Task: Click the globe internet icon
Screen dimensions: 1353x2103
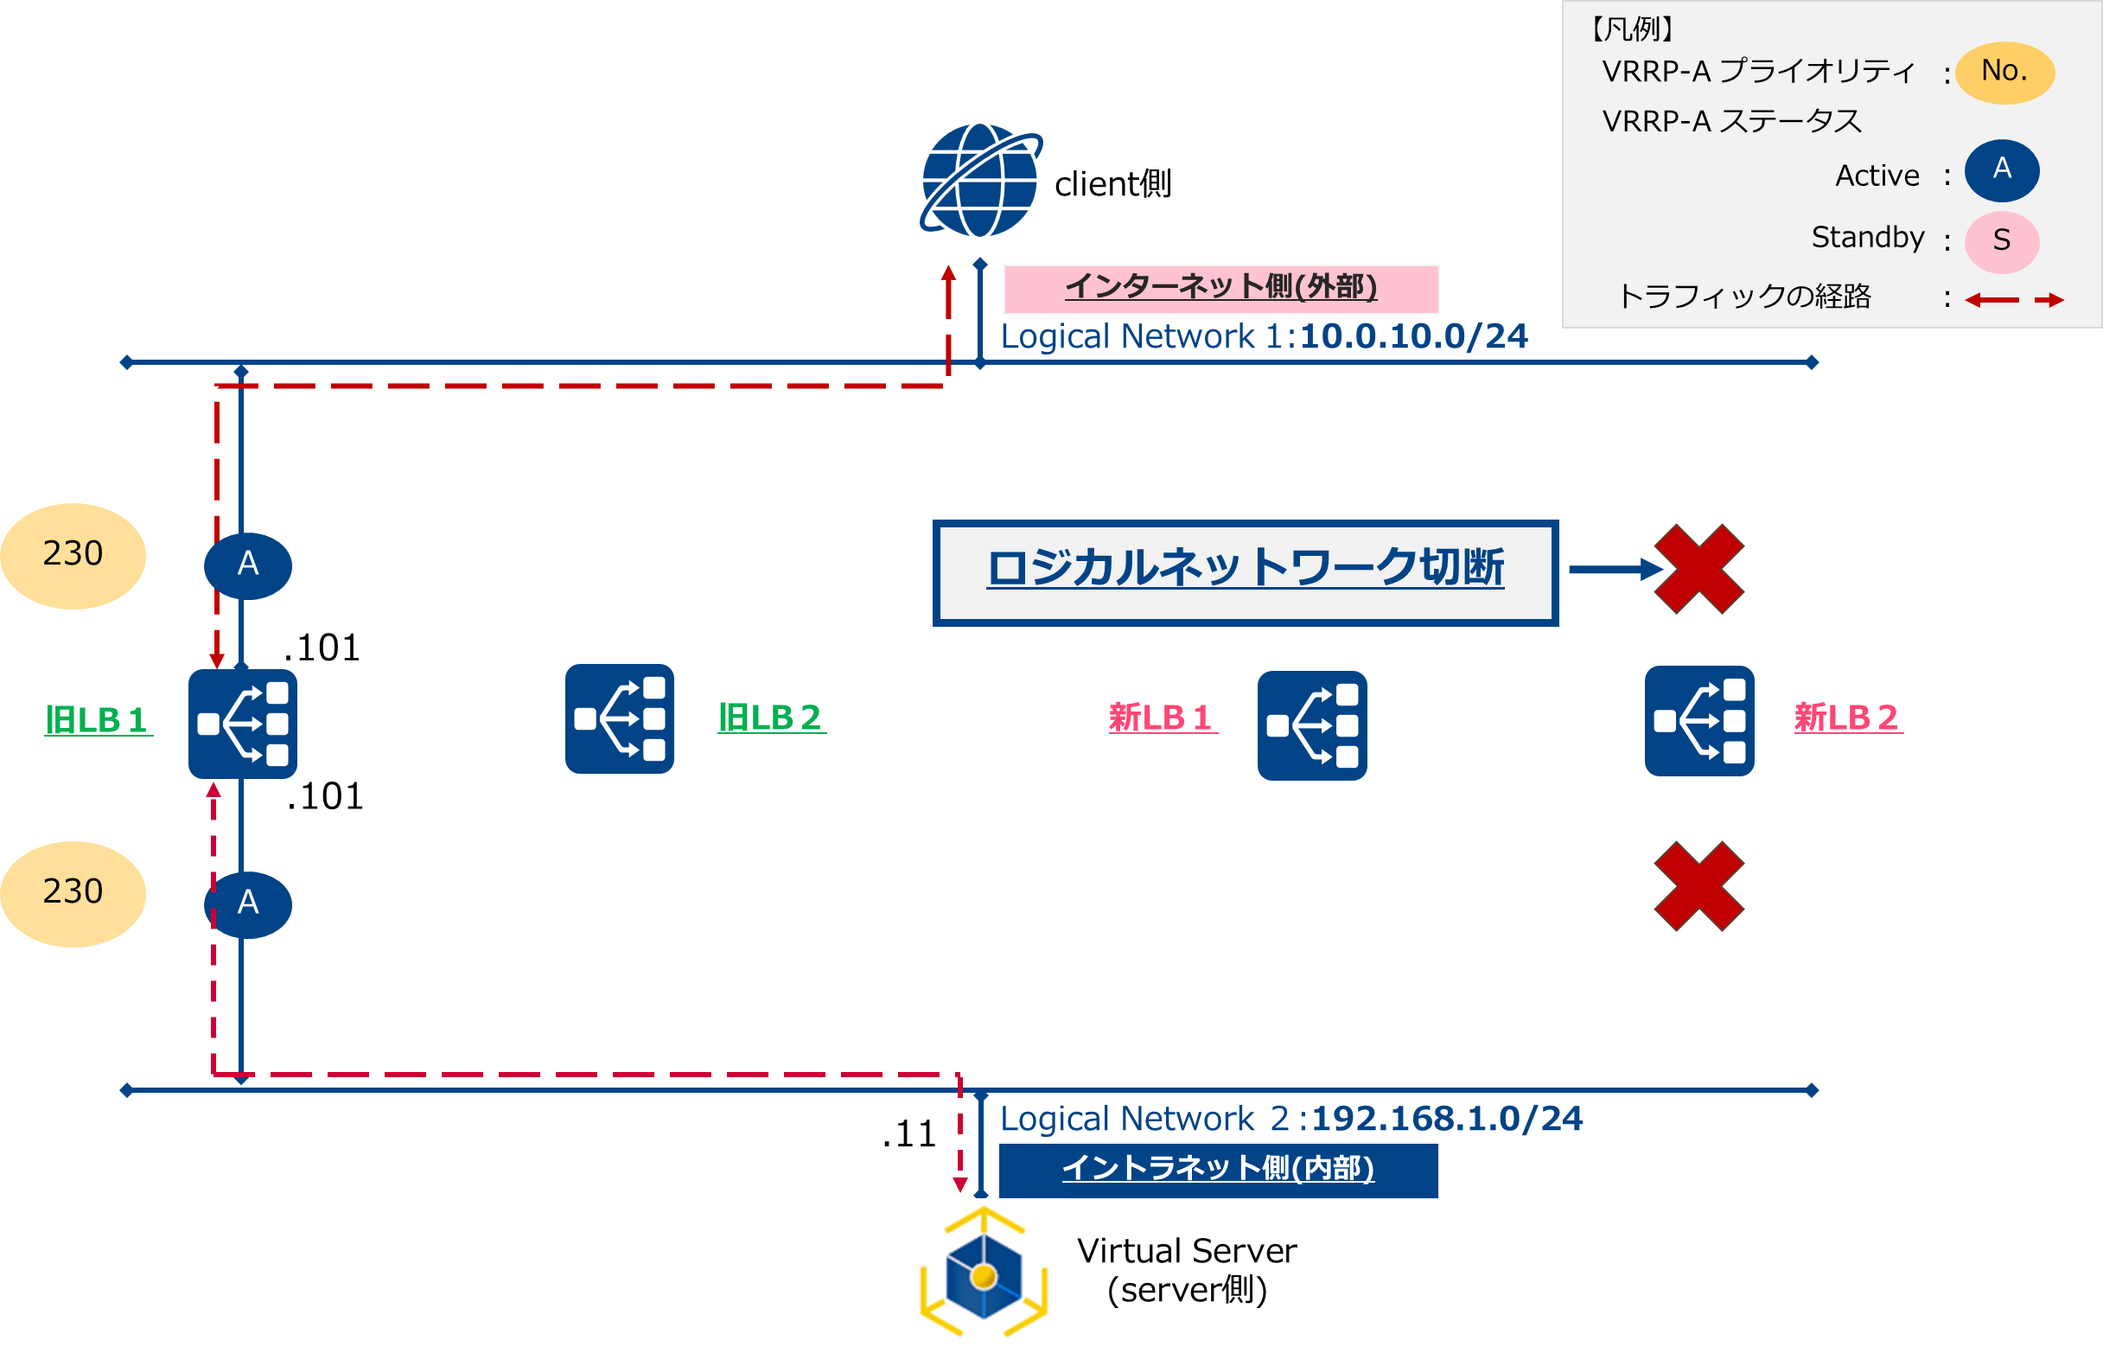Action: click(980, 180)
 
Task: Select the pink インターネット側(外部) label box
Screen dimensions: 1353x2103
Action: click(1221, 288)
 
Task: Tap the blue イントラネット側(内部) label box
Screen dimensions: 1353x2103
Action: click(1218, 1170)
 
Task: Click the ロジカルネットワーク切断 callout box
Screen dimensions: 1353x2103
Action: click(1245, 572)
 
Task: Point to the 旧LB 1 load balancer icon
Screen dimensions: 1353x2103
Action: click(242, 723)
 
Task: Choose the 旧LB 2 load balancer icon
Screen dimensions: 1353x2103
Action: click(619, 718)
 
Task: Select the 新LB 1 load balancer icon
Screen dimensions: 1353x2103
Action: click(1311, 724)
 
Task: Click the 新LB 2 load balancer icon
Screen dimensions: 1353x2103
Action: click(1699, 720)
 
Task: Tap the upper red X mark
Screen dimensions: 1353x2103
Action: click(1699, 569)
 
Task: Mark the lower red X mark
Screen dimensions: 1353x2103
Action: click(1699, 885)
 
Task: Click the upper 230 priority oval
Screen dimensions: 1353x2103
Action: click(73, 555)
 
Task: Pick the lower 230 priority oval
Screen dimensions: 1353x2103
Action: click(73, 894)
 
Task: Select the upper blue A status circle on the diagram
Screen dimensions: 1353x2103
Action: click(248, 565)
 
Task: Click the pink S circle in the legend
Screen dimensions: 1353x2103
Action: click(2001, 240)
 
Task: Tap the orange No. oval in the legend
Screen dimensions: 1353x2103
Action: click(2004, 72)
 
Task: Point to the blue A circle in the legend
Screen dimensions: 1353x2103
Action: click(2001, 169)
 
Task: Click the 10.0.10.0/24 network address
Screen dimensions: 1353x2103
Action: click(1413, 336)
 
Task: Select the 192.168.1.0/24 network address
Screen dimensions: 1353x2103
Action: click(1446, 1119)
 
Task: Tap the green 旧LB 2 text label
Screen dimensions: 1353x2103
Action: click(770, 718)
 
